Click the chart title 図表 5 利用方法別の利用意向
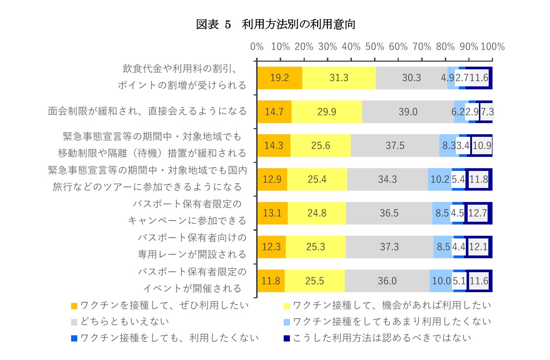click(x=275, y=24)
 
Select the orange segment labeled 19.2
click(x=279, y=78)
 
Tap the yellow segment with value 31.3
click(x=339, y=78)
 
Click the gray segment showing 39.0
click(x=408, y=112)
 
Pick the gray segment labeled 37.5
click(x=395, y=146)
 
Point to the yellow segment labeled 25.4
click(x=317, y=179)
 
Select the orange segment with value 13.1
click(x=272, y=213)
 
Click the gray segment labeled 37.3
click(x=389, y=247)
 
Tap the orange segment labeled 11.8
click(x=271, y=281)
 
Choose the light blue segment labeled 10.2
click(x=440, y=179)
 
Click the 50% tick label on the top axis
click(x=375, y=47)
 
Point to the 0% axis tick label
click(x=257, y=47)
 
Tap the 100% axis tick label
click(x=492, y=47)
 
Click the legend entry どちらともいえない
click(x=124, y=322)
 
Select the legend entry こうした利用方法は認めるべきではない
click(x=382, y=338)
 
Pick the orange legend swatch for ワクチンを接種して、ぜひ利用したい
click(x=74, y=306)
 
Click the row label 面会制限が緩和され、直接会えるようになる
click(x=147, y=111)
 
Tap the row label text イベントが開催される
click(x=192, y=289)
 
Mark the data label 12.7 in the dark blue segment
click(x=477, y=213)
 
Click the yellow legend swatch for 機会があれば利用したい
click(x=287, y=306)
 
